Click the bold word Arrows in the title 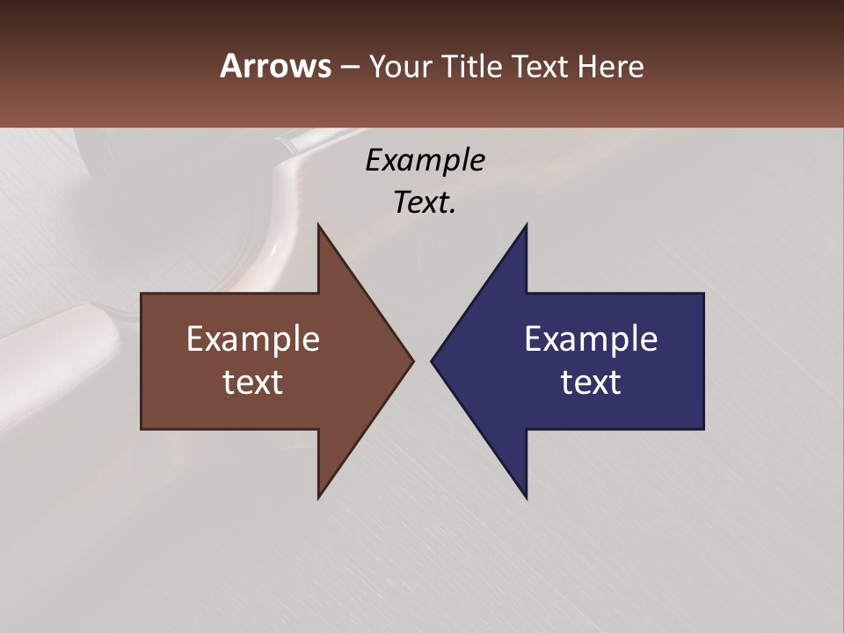click(x=276, y=66)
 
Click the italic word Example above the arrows click(x=425, y=161)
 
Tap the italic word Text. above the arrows click(x=425, y=203)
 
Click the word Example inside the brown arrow click(x=253, y=339)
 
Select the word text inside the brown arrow click(x=253, y=382)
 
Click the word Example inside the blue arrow click(x=591, y=339)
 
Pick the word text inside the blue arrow click(x=591, y=382)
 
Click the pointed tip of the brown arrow click(x=413, y=360)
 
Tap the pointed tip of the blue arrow click(x=432, y=360)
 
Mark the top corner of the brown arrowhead click(x=318, y=225)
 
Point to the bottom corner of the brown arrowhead click(x=318, y=498)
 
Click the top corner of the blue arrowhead click(x=526, y=225)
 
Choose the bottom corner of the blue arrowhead click(x=526, y=498)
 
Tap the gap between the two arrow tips click(x=423, y=360)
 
